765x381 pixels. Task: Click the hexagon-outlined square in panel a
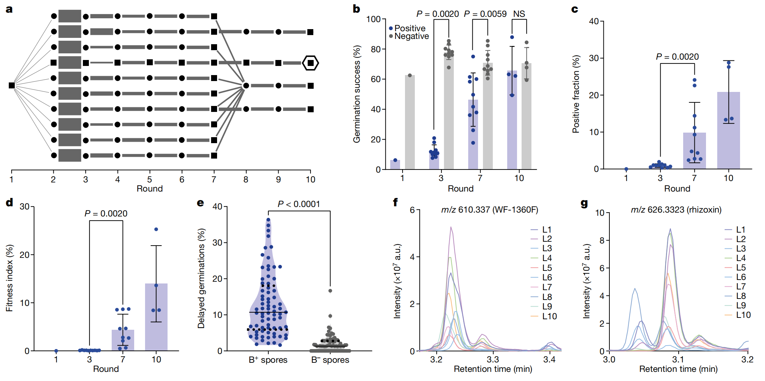point(310,63)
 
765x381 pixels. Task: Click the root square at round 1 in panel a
point(12,86)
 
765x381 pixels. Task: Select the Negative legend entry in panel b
point(409,36)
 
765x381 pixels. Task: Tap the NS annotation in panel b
point(519,14)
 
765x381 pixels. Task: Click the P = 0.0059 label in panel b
point(485,14)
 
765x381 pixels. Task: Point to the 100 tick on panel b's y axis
point(374,19)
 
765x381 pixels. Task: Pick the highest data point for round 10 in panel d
point(156,229)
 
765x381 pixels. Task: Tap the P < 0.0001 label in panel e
point(299,204)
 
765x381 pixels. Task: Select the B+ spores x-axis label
point(268,360)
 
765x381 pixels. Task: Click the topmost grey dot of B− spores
point(330,291)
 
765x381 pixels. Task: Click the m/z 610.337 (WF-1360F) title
point(490,210)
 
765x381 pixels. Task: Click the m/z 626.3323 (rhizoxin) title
point(676,210)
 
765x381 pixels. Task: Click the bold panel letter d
point(9,203)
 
